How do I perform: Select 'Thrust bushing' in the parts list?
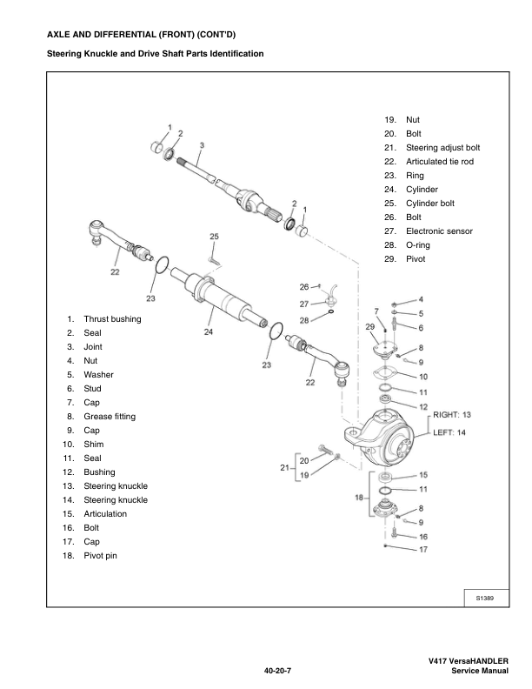point(112,319)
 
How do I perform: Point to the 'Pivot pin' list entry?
point(105,556)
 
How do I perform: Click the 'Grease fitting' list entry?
point(110,417)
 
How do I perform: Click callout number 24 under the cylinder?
point(208,331)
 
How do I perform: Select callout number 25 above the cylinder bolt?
point(214,237)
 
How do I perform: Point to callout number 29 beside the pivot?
point(369,326)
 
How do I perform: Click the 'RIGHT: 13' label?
point(453,415)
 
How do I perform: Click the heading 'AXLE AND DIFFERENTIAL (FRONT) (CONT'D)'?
point(134,34)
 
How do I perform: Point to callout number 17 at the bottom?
point(423,550)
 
